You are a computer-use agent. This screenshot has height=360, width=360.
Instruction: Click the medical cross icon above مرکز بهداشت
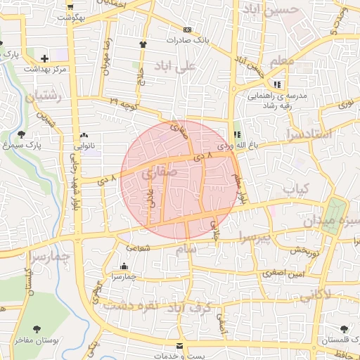pos(45,58)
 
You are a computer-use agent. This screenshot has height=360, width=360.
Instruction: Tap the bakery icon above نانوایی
pos(84,135)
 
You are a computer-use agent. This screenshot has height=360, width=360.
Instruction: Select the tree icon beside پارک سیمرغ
pos(21,134)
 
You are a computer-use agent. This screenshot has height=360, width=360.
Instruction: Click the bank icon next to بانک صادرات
pos(187,30)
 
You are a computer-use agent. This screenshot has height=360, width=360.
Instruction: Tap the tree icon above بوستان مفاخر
pos(37,328)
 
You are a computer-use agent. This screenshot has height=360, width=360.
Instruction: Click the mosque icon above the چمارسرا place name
pos(124,266)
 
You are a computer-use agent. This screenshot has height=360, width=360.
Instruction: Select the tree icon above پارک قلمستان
pos(344,329)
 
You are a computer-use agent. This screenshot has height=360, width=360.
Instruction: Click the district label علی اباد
pos(196,67)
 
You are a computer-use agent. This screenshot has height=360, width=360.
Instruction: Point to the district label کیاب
pos(296,189)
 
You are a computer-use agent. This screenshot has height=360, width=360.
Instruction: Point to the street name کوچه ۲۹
pos(124,103)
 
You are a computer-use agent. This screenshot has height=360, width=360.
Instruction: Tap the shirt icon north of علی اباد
pos(143,44)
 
